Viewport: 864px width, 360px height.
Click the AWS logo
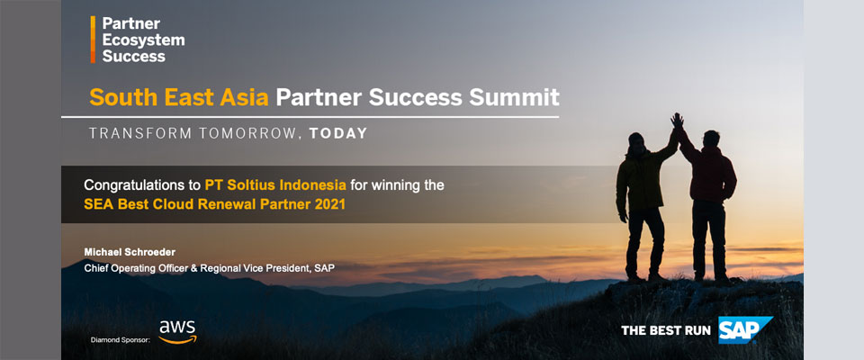pyautogui.click(x=177, y=332)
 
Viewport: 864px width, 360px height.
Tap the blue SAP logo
pyautogui.click(x=745, y=329)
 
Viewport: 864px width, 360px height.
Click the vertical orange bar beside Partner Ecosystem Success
pyautogui.click(x=93, y=39)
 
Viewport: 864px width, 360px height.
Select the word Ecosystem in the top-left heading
pyautogui.click(x=143, y=40)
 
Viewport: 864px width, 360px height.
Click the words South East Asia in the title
pyautogui.click(x=179, y=97)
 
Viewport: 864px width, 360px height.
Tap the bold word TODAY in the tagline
pyautogui.click(x=338, y=133)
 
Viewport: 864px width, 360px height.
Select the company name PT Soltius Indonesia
pyautogui.click(x=275, y=184)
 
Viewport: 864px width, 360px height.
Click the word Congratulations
pyautogui.click(x=141, y=185)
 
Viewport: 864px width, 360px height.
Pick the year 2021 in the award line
pyautogui.click(x=330, y=204)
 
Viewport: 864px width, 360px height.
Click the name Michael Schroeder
pyautogui.click(x=130, y=252)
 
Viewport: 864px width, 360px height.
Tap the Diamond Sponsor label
pyautogui.click(x=120, y=340)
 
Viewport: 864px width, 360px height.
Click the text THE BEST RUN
pyautogui.click(x=666, y=331)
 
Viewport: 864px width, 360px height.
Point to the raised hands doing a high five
pyautogui.click(x=677, y=121)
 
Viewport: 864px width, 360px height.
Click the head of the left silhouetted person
pyautogui.click(x=636, y=141)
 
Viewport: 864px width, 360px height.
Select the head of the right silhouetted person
pyautogui.click(x=711, y=139)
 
